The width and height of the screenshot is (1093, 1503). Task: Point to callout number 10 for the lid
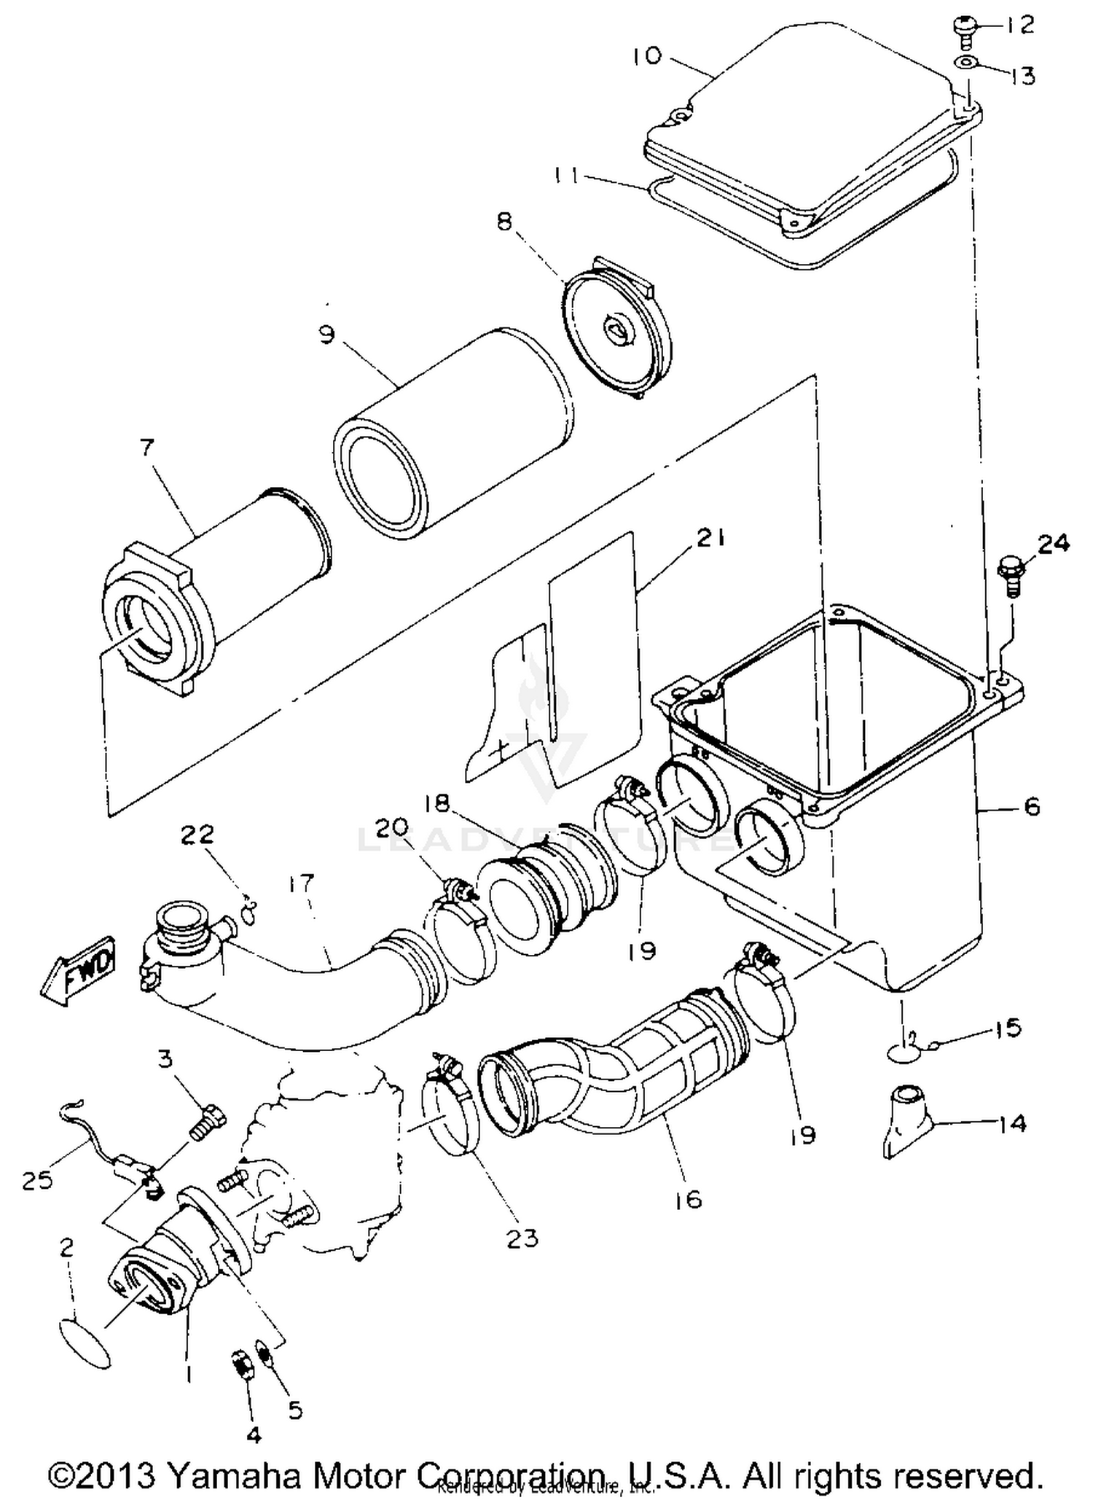[646, 56]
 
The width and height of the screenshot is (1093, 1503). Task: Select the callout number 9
[327, 335]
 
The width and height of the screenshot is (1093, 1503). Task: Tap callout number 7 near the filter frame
[147, 447]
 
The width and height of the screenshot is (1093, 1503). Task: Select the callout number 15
[1008, 1028]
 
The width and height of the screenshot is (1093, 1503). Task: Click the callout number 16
[689, 1198]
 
